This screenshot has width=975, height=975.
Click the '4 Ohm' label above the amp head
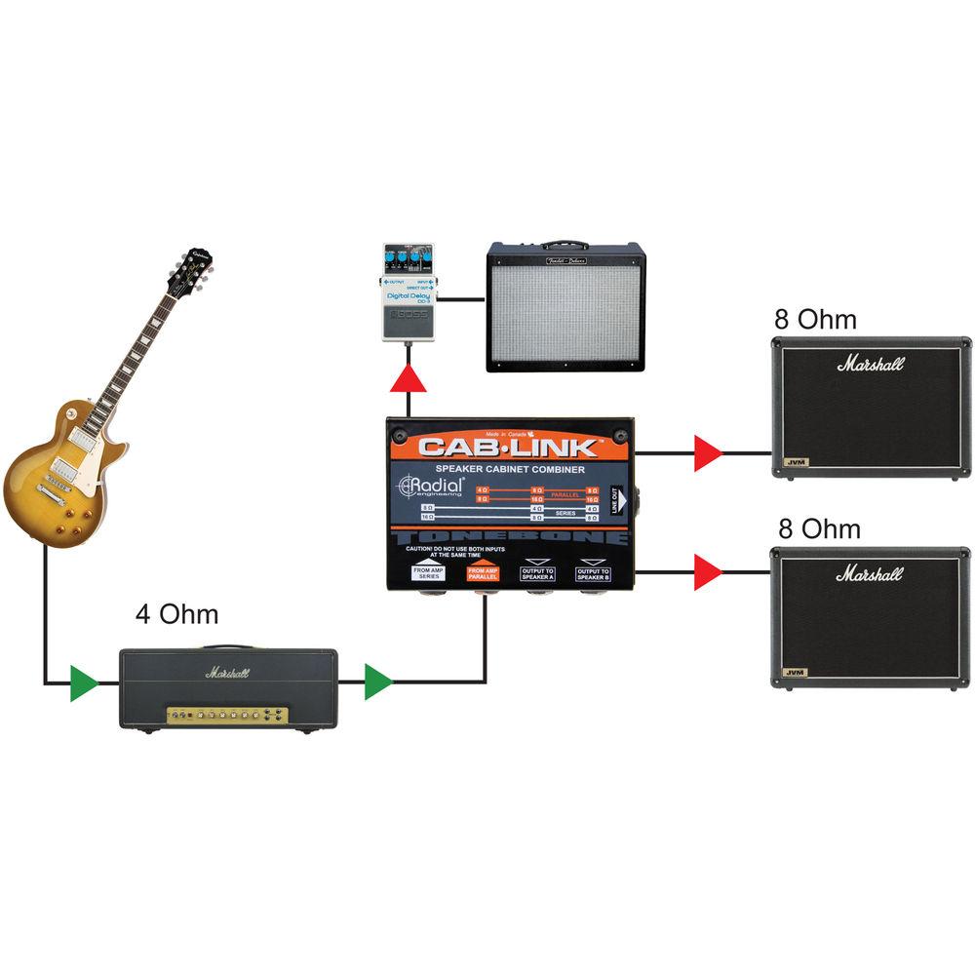pyautogui.click(x=176, y=615)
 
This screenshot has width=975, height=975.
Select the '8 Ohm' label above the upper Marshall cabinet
pyautogui.click(x=815, y=320)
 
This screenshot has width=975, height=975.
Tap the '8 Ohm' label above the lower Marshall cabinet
pyautogui.click(x=819, y=529)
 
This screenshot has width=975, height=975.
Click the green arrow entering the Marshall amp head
pyautogui.click(x=84, y=682)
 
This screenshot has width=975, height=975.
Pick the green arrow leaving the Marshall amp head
pyautogui.click(x=377, y=682)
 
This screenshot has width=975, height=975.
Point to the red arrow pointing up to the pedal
pyautogui.click(x=408, y=379)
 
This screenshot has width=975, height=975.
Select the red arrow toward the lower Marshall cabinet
pyautogui.click(x=707, y=571)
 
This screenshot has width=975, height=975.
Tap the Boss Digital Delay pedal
pyautogui.click(x=408, y=292)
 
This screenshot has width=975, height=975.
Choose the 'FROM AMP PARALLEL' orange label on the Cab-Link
pyautogui.click(x=485, y=572)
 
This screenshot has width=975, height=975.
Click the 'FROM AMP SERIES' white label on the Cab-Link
pyautogui.click(x=429, y=572)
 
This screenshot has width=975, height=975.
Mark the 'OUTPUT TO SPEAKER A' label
pyautogui.click(x=537, y=572)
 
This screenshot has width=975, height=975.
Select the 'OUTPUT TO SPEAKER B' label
pyautogui.click(x=592, y=572)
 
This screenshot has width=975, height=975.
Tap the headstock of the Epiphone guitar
pyautogui.click(x=191, y=267)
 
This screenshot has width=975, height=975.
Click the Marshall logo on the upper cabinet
pyautogui.click(x=870, y=364)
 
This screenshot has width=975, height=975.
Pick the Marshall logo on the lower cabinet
pyautogui.click(x=870, y=573)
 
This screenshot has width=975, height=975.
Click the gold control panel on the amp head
pyautogui.click(x=226, y=715)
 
